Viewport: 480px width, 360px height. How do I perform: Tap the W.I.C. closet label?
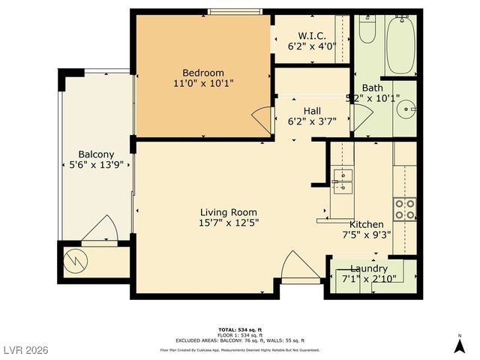click(311, 35)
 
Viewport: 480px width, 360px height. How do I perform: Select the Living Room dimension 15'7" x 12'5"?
click(229, 223)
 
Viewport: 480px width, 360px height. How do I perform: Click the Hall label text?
click(312, 110)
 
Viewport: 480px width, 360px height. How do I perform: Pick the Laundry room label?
click(368, 268)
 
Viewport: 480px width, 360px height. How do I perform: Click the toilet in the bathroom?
click(367, 30)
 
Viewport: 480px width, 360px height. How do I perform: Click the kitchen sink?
click(343, 180)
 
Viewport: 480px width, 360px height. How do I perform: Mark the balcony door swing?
click(99, 229)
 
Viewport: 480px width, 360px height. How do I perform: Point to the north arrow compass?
click(459, 344)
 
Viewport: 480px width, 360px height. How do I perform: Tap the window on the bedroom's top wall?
click(235, 10)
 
